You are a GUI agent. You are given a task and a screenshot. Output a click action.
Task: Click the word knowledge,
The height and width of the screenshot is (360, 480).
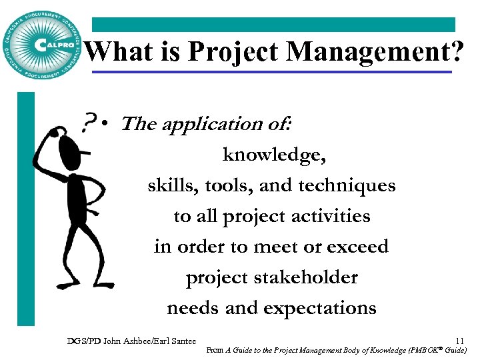(x=274, y=155)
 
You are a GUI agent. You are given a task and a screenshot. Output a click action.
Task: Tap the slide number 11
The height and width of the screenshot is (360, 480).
(x=460, y=341)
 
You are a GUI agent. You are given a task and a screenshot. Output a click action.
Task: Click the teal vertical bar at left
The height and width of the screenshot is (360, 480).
(x=25, y=207)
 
